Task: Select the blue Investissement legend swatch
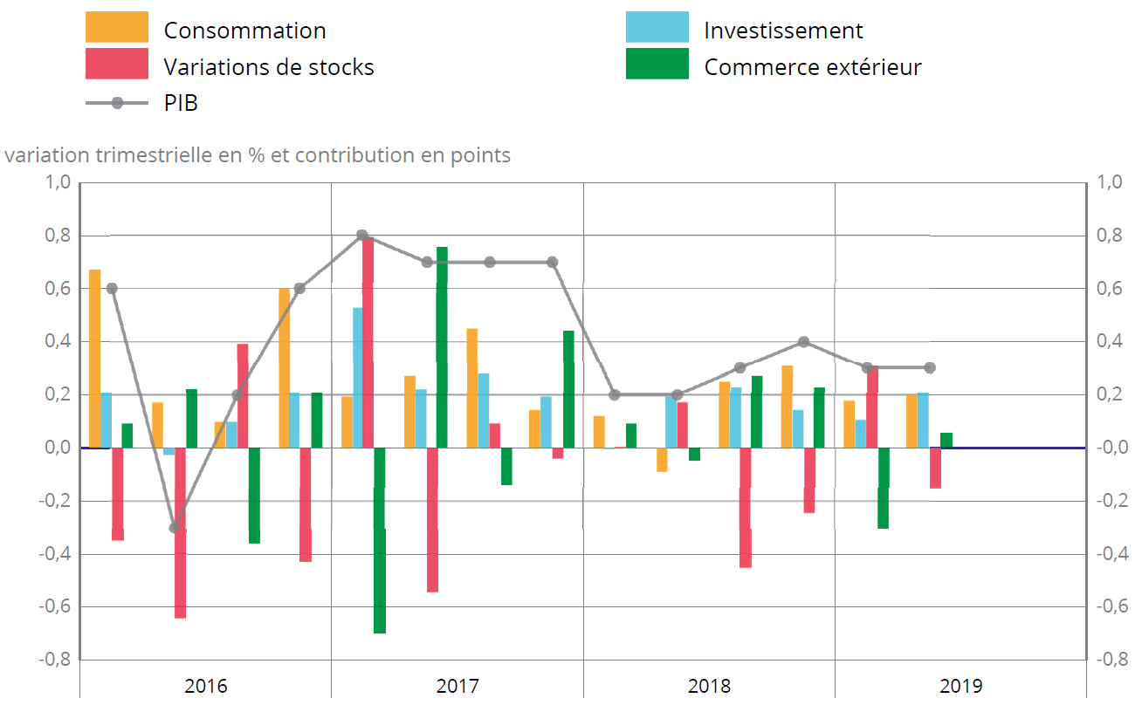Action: [657, 27]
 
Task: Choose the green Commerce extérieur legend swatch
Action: [657, 65]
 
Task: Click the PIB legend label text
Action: [181, 103]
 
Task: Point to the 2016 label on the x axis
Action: [206, 686]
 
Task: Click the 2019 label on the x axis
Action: [960, 686]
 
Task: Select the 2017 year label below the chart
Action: [457, 686]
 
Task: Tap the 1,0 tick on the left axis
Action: [58, 183]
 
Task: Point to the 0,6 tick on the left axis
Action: [58, 289]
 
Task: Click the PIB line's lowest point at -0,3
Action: [175, 527]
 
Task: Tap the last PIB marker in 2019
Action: [930, 368]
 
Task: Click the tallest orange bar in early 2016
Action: [94, 358]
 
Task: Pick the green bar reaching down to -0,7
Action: [380, 541]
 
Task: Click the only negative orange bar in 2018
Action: [662, 460]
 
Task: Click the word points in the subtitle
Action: [482, 155]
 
